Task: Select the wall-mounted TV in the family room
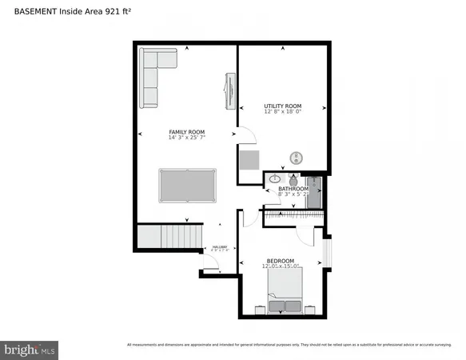click(231, 90)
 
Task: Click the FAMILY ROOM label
click(186, 131)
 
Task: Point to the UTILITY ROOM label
click(283, 106)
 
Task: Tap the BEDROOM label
click(281, 261)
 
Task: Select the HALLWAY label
click(219, 247)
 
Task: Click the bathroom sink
click(274, 178)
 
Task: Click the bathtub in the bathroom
click(314, 193)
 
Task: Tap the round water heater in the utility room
click(296, 158)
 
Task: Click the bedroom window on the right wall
click(326, 253)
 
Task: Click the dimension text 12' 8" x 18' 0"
click(283, 113)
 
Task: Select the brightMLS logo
click(30, 349)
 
